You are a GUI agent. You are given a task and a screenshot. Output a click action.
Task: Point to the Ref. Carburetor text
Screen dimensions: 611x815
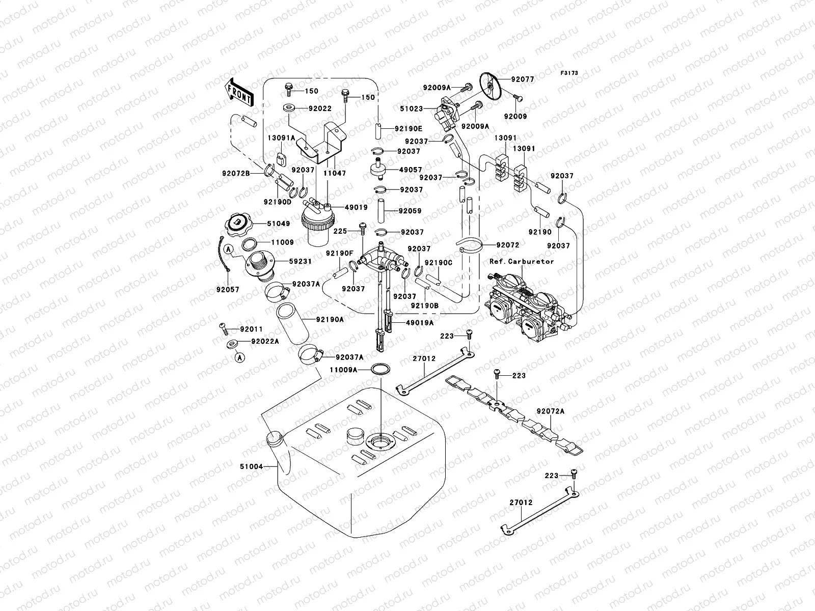click(522, 261)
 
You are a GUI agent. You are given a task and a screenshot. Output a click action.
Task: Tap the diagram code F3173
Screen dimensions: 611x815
click(569, 73)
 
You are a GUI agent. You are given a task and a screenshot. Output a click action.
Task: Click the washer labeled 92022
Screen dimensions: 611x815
click(289, 108)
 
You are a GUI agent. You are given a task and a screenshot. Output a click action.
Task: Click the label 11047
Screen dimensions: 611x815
click(335, 173)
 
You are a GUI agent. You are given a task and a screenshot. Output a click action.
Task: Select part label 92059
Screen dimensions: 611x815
click(410, 210)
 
